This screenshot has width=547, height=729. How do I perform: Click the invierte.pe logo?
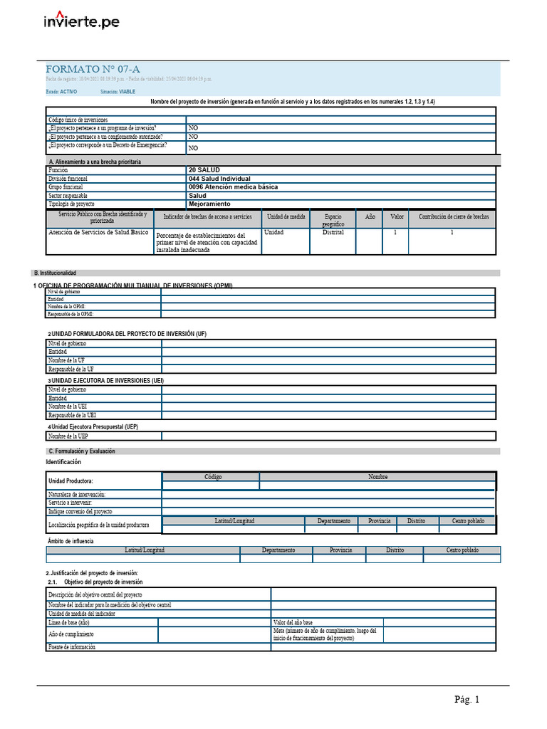[81, 21]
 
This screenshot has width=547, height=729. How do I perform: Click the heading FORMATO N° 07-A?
[93, 69]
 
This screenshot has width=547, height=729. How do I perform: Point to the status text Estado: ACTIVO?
[61, 92]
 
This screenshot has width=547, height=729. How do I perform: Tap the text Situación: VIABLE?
[118, 92]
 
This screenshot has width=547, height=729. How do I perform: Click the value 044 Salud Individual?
[219, 179]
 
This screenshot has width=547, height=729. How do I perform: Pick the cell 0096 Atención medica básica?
[233, 187]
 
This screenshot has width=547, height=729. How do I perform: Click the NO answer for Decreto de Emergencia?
[193, 148]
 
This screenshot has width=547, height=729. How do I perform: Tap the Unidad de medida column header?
[286, 216]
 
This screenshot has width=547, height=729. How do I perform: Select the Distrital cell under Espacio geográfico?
[333, 233]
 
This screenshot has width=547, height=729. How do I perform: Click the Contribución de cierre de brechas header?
[453, 216]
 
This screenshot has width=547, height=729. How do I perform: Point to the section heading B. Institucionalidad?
[55, 273]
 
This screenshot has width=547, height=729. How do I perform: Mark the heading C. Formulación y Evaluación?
[81, 451]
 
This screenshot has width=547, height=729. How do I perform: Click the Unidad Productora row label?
[71, 481]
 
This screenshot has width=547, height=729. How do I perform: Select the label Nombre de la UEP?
[68, 436]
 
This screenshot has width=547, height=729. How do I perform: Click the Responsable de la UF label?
[71, 369]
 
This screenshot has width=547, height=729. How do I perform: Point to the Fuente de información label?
[72, 646]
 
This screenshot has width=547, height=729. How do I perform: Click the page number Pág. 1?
[467, 700]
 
